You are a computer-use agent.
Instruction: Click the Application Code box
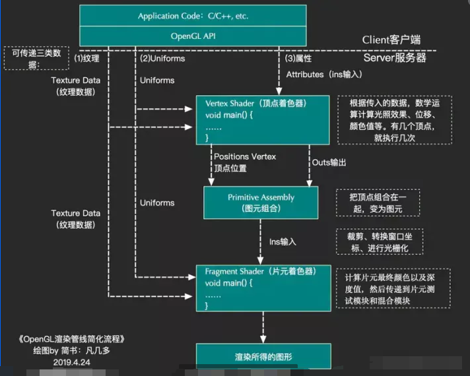[x=193, y=15]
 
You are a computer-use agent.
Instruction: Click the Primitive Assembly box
[x=261, y=203]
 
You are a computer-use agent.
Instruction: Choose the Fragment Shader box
[x=263, y=288]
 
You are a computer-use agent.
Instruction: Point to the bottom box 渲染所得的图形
[x=263, y=358]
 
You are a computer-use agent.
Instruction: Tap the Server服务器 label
[x=395, y=58]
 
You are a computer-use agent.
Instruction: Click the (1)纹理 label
[x=86, y=58]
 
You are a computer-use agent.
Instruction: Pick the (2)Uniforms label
[x=162, y=58]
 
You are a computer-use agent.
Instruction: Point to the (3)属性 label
[x=298, y=58]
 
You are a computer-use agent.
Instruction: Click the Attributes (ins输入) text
[x=323, y=75]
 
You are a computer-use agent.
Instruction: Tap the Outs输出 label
[x=329, y=162]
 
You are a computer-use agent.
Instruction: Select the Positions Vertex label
[x=245, y=156]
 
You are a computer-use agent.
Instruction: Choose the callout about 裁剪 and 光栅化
[x=379, y=241]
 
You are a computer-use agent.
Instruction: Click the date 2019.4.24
[x=71, y=362]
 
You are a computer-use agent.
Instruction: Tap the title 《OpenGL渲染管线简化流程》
[x=71, y=340]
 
